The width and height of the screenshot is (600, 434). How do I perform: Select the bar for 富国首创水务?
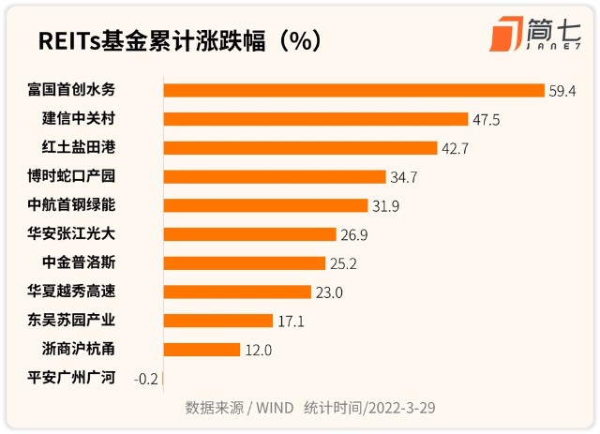[353, 90]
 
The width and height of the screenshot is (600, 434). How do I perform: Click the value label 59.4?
[563, 91]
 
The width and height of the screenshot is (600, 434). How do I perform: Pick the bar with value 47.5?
[315, 119]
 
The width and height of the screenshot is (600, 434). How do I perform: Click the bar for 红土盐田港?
[300, 148]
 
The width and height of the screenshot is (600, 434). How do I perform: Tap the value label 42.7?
[456, 148]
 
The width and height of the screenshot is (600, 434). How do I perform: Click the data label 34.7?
[404, 177]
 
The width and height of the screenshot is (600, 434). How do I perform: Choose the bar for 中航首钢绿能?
[265, 205]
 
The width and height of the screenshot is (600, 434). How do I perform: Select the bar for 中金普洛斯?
[244, 263]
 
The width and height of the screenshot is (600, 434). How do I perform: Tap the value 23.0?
[329, 292]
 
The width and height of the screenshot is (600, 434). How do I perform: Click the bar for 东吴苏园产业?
[217, 321]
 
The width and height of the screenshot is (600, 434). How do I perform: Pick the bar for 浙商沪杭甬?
[202, 350]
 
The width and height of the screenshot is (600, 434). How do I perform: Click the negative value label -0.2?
[145, 379]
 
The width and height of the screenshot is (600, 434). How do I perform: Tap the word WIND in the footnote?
[273, 409]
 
